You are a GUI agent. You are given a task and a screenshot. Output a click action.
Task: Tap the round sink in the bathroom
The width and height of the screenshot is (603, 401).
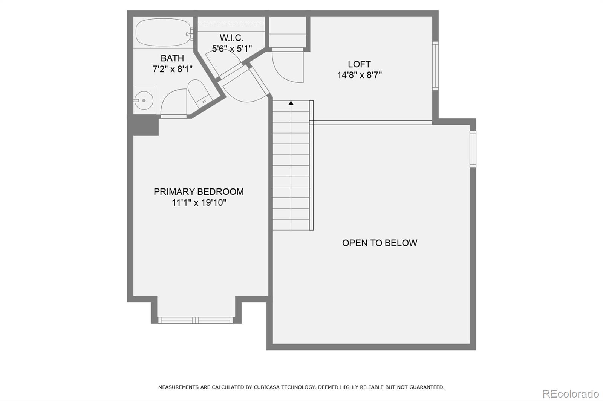(x=144, y=100)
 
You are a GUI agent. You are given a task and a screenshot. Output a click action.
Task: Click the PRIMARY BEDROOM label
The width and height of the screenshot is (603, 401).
(x=199, y=192)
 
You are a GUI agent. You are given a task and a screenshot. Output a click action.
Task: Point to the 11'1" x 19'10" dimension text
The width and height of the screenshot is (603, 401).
(x=199, y=203)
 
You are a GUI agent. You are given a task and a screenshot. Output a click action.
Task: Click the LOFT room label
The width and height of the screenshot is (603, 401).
(x=359, y=64)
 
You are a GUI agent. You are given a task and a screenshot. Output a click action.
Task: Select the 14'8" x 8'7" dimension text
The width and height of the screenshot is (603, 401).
(x=359, y=75)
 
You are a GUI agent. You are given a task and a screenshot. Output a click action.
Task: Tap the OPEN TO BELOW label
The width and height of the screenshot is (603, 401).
(x=380, y=243)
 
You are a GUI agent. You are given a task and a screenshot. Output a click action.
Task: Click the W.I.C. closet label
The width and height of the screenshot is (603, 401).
(x=232, y=38)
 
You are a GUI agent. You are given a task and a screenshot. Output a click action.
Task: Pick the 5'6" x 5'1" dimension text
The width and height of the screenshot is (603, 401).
(x=232, y=49)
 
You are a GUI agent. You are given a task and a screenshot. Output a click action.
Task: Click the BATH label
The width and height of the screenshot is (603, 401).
(x=172, y=58)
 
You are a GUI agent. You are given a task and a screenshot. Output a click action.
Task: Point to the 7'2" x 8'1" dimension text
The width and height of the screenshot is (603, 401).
(x=172, y=69)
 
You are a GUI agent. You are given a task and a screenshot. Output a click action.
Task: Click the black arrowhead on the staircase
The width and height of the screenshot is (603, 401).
(x=291, y=102)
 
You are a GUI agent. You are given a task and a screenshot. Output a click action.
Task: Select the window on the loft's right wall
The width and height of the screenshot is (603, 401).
(x=435, y=65)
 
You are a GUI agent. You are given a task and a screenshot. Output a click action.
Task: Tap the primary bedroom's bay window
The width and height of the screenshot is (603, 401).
(x=195, y=320)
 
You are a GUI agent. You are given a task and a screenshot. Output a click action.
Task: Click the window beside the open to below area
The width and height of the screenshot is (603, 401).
(x=473, y=149)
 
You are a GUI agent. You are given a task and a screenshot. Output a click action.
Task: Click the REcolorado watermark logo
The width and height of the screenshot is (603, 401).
(x=570, y=394)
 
